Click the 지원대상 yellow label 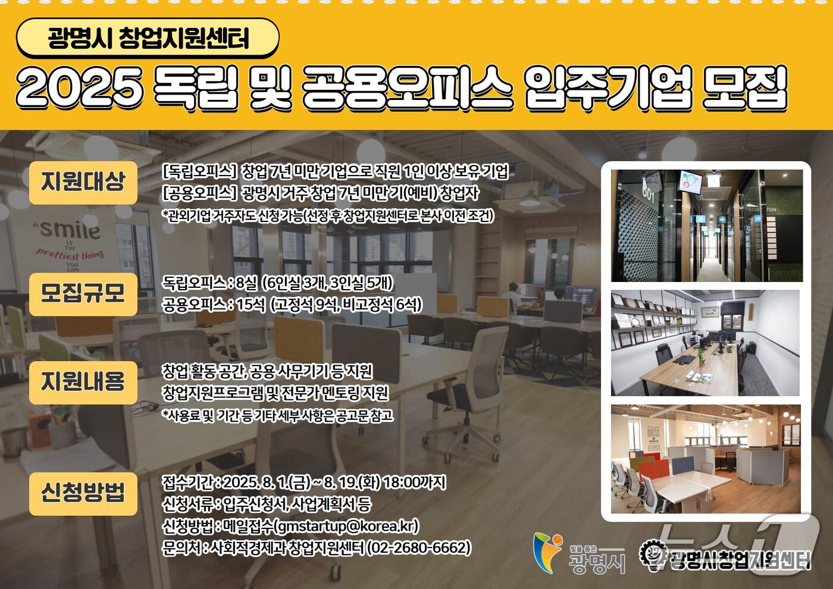(83, 182)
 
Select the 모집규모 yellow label (83, 293)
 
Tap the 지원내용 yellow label (83, 382)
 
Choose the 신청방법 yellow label (83, 493)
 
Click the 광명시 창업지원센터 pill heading (148, 39)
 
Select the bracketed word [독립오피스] (200, 173)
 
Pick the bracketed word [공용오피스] (200, 194)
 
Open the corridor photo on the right (706, 225)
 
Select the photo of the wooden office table (706, 343)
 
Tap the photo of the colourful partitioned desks (706, 459)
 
